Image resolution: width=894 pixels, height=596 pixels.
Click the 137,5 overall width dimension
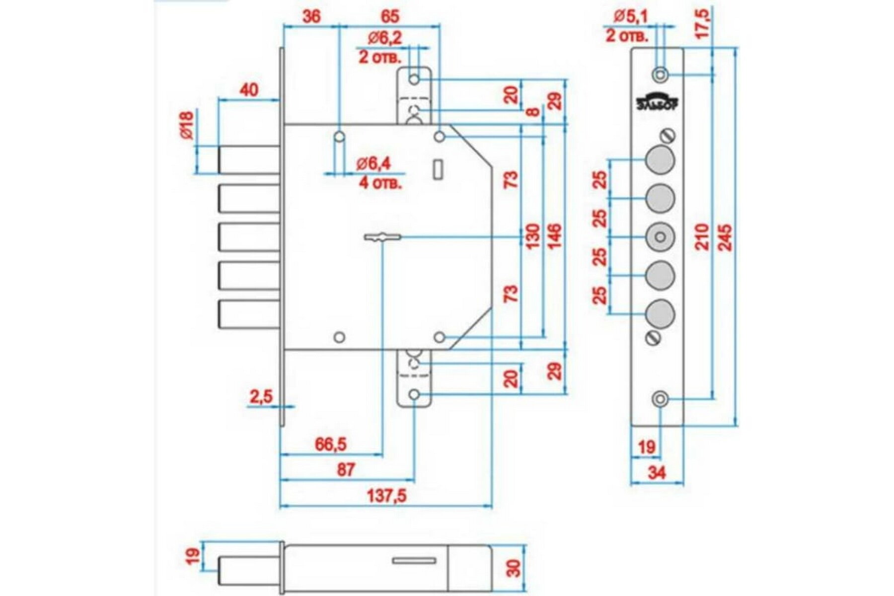click(x=386, y=495)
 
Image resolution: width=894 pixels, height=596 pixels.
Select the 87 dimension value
click(x=346, y=469)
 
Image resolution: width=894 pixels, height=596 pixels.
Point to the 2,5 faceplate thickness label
click(x=261, y=397)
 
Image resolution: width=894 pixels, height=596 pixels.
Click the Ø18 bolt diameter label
click(x=186, y=125)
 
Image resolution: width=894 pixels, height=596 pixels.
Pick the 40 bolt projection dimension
click(x=249, y=90)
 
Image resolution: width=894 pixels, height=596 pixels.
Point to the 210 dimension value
click(x=701, y=237)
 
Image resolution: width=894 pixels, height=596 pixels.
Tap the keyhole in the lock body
click(x=382, y=238)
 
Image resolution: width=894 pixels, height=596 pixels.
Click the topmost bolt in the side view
click(x=247, y=159)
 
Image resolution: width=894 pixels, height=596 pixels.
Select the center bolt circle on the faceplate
click(x=660, y=237)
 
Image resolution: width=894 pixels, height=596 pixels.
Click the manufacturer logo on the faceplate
click(x=659, y=101)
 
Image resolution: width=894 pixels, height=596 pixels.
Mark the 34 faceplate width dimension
click(x=657, y=473)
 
